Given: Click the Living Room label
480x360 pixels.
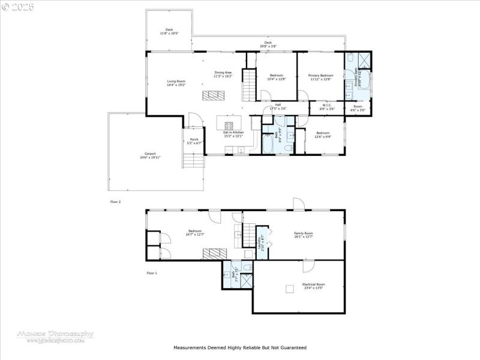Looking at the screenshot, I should click(x=176, y=83).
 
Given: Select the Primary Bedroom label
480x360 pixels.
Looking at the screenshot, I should click(x=320, y=77).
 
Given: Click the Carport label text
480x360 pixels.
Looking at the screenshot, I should click(x=150, y=155).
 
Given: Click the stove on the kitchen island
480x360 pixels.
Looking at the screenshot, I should click(x=229, y=126).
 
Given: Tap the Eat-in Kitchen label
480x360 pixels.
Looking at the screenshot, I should click(x=234, y=134).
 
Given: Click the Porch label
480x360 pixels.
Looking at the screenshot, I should click(x=194, y=142).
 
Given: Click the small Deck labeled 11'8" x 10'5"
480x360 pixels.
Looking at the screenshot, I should click(x=169, y=31).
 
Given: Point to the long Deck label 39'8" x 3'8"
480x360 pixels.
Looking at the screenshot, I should click(x=268, y=44).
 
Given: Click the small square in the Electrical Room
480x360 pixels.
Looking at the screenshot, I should click(x=290, y=289).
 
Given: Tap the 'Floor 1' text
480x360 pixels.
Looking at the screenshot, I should click(x=152, y=273).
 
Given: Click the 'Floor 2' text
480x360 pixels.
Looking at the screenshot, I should click(x=115, y=202).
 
